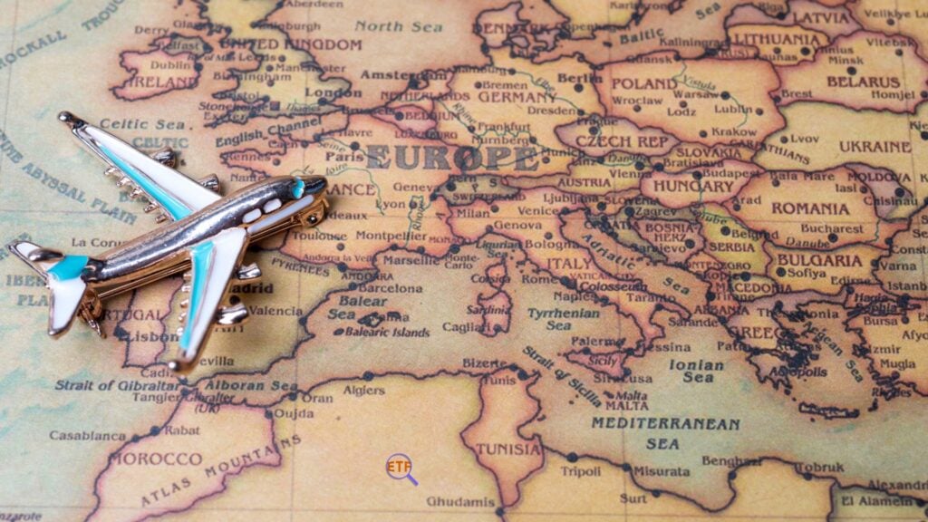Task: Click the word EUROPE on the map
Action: [451, 158]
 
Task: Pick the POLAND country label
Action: [643, 83]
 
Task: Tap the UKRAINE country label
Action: [874, 146]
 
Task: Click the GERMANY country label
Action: [517, 97]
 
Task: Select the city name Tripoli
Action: [580, 471]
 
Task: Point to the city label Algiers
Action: [363, 391]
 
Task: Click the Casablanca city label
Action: [87, 435]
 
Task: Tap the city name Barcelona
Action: [391, 288]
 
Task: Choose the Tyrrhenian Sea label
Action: [564, 318]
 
